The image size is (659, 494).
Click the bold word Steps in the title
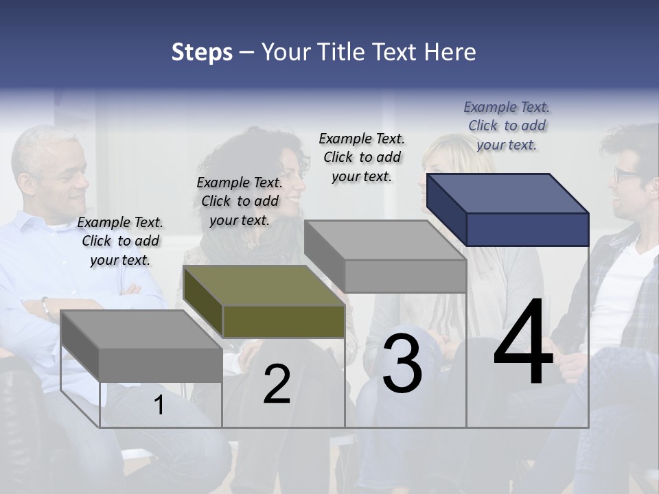click(202, 52)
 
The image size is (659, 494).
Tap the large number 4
click(523, 342)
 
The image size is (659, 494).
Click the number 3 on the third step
click(402, 364)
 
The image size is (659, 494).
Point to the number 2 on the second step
click(277, 385)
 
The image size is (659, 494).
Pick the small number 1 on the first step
click(159, 405)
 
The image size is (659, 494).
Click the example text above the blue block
click(507, 126)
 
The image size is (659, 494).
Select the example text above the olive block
click(240, 201)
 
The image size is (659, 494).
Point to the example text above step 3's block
click(362, 157)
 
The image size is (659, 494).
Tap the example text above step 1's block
click(120, 241)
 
